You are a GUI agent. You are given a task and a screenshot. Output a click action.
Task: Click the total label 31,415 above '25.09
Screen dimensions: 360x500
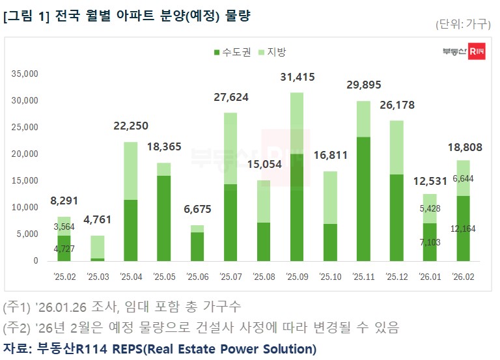pyautogui.click(x=297, y=77)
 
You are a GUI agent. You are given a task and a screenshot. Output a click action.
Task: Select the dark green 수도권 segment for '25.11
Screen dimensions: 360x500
pyautogui.click(x=364, y=199)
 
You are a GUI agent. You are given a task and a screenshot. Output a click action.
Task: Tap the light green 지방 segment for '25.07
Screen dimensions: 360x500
pyautogui.click(x=230, y=148)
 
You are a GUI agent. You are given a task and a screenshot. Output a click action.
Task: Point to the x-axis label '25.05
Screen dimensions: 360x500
pyautogui.click(x=163, y=277)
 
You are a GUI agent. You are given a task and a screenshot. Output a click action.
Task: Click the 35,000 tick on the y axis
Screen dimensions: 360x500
pyautogui.click(x=26, y=74)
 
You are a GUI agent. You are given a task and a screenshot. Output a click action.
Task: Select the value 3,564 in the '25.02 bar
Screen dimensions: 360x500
pyautogui.click(x=64, y=227)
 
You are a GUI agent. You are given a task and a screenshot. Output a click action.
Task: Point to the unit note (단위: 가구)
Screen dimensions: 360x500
pyautogui.click(x=463, y=24)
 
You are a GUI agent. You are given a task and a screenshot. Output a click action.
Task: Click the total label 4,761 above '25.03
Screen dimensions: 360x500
pyautogui.click(x=97, y=219)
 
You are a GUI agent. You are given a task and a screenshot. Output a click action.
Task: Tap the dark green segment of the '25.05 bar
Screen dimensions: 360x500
pyautogui.click(x=163, y=218)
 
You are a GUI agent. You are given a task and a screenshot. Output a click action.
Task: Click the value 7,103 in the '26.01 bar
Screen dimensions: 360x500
pyautogui.click(x=430, y=242)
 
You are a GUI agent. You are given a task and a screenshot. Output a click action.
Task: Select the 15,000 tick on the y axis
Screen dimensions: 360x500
pyautogui.click(x=26, y=180)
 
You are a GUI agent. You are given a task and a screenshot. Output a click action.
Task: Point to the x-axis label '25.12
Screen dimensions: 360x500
pyautogui.click(x=397, y=277)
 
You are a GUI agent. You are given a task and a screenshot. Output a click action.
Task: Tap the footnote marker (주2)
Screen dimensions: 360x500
pyautogui.click(x=16, y=325)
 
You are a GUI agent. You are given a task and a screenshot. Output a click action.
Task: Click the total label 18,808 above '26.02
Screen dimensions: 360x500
pyautogui.click(x=464, y=148)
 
